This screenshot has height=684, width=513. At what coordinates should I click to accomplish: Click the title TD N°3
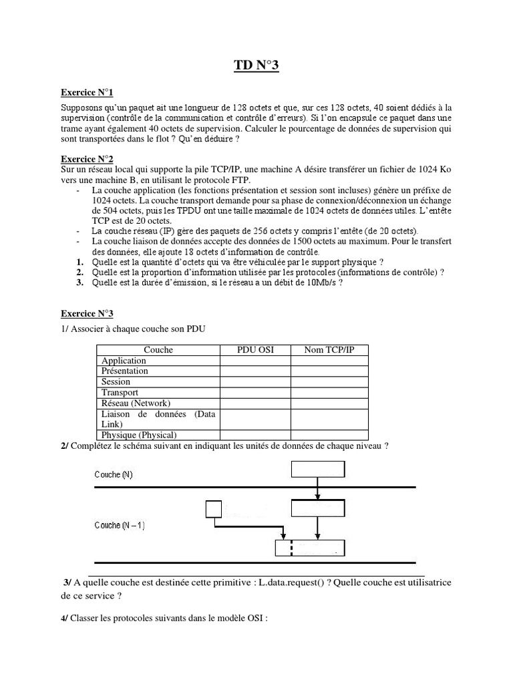(x=256, y=65)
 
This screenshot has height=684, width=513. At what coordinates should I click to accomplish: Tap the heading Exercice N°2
(x=88, y=159)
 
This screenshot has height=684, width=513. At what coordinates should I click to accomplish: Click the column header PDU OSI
(x=256, y=349)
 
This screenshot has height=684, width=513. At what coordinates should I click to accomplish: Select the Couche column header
(x=158, y=349)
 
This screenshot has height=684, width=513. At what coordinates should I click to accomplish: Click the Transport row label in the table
(x=120, y=393)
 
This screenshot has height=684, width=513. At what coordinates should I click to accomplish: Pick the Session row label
(x=116, y=382)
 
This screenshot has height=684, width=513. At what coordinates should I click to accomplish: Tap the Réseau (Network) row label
(x=136, y=403)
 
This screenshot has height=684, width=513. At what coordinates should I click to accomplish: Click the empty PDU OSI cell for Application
(x=256, y=361)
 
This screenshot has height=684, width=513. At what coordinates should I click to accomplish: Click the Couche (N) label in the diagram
(x=113, y=475)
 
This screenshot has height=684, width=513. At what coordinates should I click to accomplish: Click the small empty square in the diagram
(x=213, y=510)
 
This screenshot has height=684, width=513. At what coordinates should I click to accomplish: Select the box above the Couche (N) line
(x=317, y=469)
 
